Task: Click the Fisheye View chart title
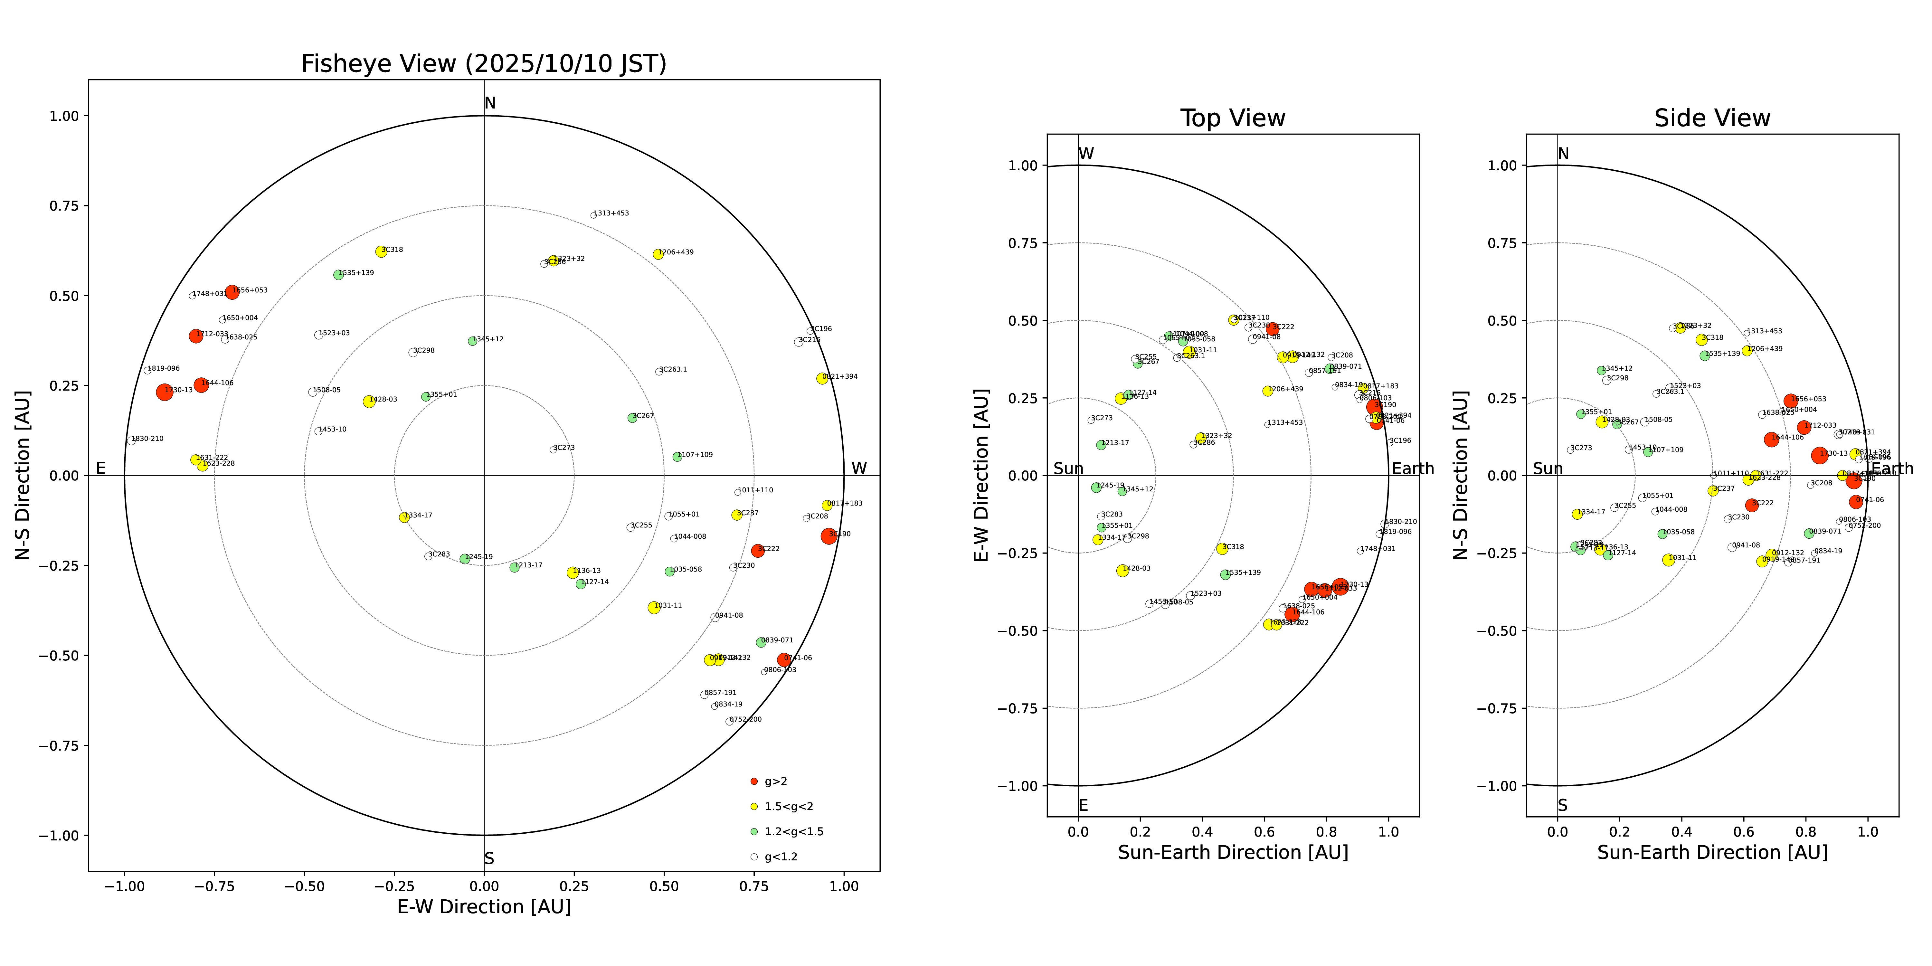(x=484, y=64)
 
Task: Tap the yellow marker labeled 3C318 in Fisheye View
(x=381, y=251)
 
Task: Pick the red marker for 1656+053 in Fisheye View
(x=232, y=292)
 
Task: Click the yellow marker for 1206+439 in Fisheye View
(x=658, y=254)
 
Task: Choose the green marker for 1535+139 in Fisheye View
(x=338, y=274)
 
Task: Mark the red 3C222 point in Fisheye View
(x=757, y=551)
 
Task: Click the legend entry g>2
(x=775, y=781)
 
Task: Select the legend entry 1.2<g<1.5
(x=793, y=832)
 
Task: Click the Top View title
(x=1232, y=118)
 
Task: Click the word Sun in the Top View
(x=1068, y=469)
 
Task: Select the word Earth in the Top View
(x=1412, y=469)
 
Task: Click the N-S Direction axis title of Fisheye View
(x=23, y=475)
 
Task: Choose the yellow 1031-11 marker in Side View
(x=1668, y=560)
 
